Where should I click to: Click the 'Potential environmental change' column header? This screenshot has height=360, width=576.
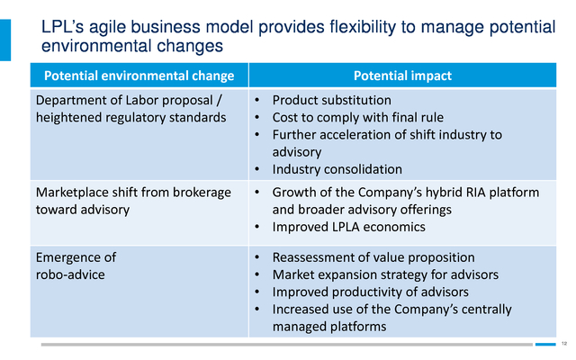point(139,76)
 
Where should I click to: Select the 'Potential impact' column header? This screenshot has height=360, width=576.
point(402,76)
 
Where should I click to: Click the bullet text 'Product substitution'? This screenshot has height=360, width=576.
point(332,100)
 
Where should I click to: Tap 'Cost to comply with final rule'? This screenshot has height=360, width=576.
point(358,117)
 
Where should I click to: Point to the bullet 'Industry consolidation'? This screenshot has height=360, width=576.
point(337,169)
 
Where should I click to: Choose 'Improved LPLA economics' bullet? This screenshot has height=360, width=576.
point(348,227)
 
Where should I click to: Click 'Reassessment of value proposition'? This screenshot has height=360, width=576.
point(373,257)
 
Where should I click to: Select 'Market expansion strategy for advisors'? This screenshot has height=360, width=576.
point(385,274)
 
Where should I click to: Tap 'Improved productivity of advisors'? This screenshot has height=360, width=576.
point(370,292)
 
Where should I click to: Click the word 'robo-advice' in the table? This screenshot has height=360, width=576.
point(70,274)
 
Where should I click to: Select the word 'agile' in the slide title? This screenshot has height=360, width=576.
point(108,27)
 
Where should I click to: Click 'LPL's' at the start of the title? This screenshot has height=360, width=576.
point(63,26)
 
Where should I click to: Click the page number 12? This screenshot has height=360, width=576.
point(564,344)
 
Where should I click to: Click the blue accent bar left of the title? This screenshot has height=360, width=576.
point(5,40)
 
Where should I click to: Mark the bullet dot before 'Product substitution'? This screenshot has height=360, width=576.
point(256,100)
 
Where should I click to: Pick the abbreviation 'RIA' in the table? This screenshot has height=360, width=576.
point(472,192)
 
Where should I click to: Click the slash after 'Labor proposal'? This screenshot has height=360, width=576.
point(220,100)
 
